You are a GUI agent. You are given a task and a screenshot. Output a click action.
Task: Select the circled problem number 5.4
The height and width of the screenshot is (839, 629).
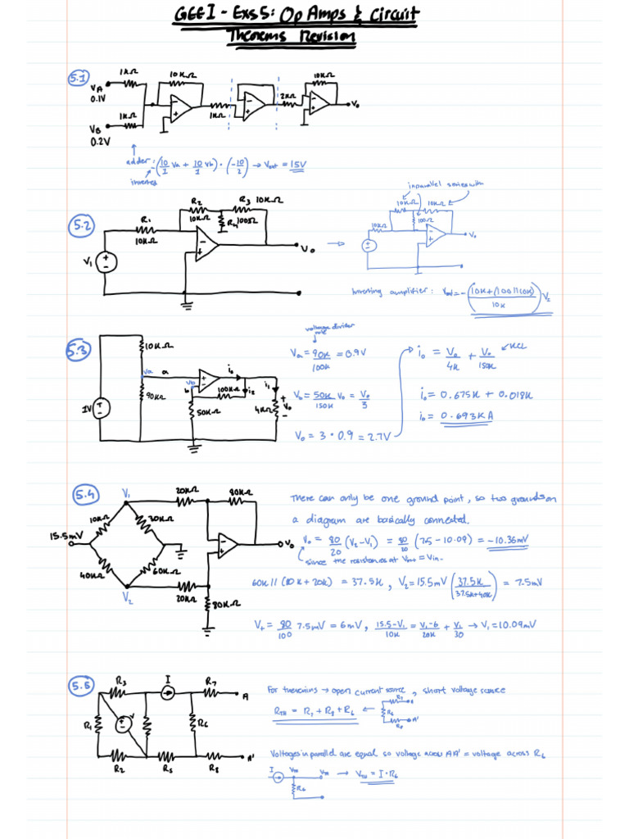[85, 494]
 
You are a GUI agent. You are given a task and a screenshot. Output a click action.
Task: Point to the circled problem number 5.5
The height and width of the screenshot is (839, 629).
[83, 686]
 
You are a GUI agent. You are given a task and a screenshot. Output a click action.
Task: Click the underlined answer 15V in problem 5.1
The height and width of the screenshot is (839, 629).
[296, 165]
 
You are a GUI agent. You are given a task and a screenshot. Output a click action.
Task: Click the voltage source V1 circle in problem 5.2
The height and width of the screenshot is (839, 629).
[106, 262]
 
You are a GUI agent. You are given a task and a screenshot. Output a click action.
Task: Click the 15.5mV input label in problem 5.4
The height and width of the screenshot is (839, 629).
[66, 536]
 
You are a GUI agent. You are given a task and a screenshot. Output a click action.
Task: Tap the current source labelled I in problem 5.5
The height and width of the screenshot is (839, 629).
[167, 693]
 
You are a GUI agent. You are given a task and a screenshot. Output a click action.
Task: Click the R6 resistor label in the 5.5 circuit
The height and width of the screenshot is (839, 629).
[203, 723]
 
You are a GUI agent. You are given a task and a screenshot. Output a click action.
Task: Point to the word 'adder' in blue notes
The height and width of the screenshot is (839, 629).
[137, 161]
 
